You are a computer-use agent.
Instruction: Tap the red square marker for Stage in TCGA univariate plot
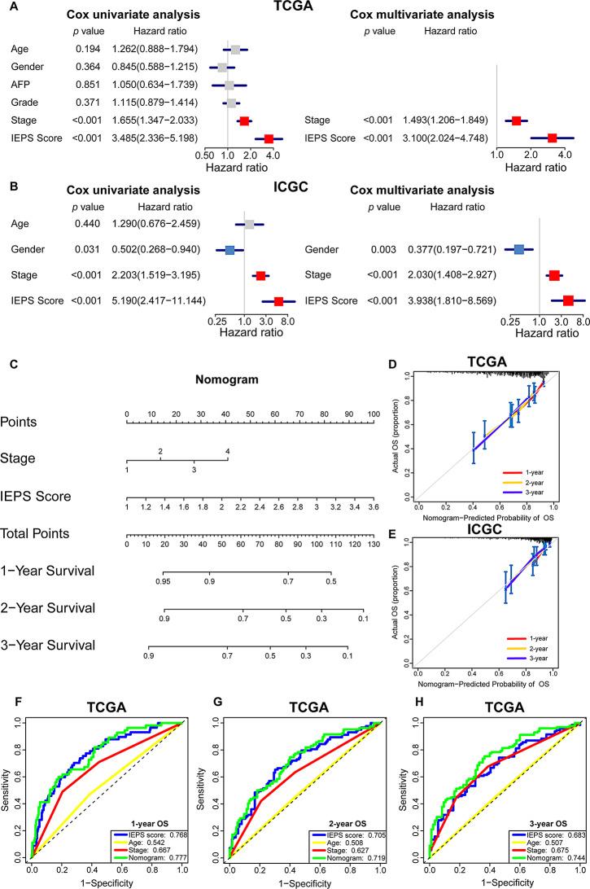tap(244, 120)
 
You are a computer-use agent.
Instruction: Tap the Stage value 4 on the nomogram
tap(228, 451)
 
